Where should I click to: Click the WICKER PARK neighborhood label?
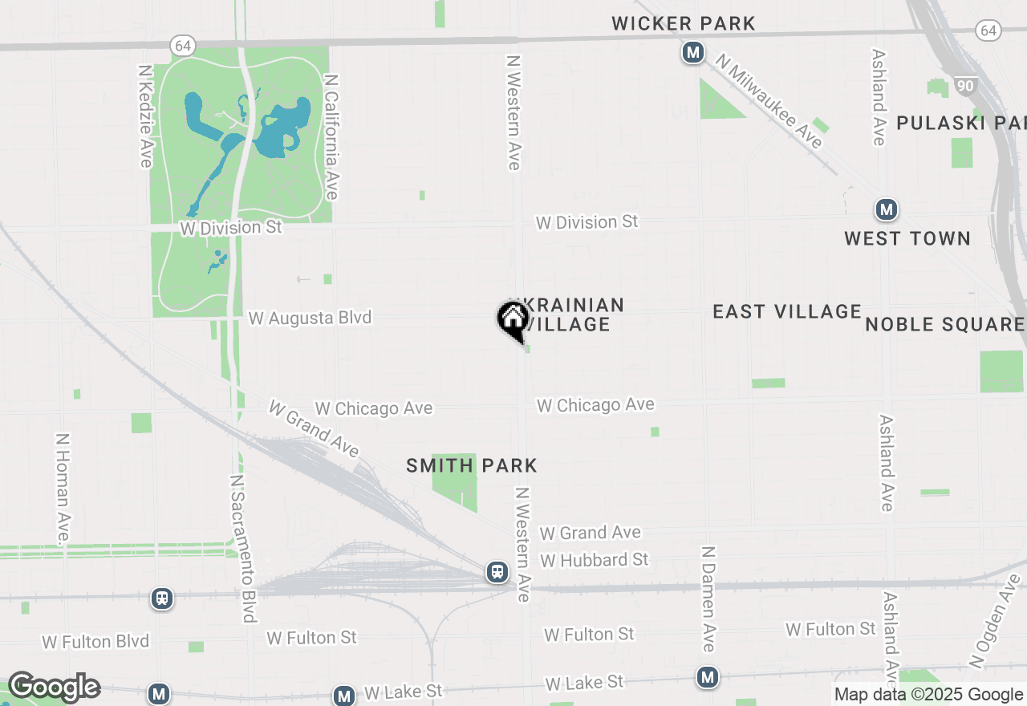click(684, 24)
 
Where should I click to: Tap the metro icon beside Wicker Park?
click(693, 54)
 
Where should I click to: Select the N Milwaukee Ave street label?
click(769, 101)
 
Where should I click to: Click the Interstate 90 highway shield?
click(965, 84)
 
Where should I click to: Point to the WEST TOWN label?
click(907, 238)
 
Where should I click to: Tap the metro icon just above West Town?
click(886, 210)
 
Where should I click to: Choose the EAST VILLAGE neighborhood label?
click(787, 311)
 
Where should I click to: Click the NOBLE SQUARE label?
click(944, 324)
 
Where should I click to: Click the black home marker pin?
click(513, 320)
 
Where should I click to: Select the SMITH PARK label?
click(472, 465)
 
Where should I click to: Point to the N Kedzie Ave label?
click(145, 117)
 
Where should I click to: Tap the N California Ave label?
click(331, 136)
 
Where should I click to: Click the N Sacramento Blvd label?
click(242, 548)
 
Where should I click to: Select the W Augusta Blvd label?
click(310, 318)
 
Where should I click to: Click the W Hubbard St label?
click(594, 559)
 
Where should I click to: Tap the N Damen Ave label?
click(708, 598)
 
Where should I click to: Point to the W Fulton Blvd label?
click(95, 642)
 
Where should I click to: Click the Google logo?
click(54, 688)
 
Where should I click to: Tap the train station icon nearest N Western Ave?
click(497, 572)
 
